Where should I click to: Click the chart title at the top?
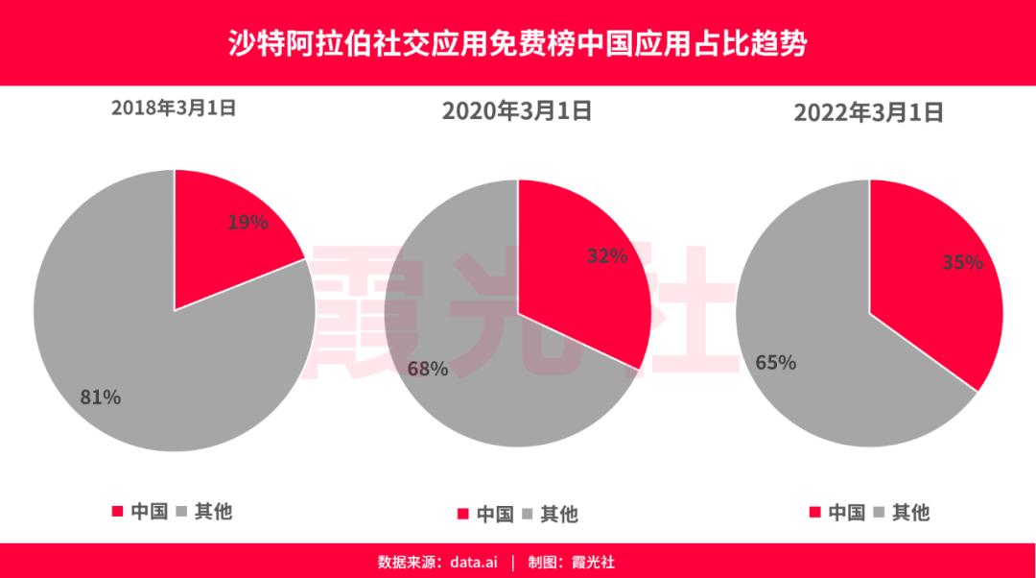[x=518, y=43]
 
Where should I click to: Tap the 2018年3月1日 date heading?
[x=174, y=108]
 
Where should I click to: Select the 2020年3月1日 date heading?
[x=517, y=111]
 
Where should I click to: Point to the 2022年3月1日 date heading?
[x=869, y=112]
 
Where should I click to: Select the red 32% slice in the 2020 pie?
[x=585, y=278]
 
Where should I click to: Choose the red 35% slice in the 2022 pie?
[x=935, y=288]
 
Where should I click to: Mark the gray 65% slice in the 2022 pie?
[x=815, y=384]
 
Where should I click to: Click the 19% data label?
[x=247, y=223]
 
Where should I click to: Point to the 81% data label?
[x=101, y=397]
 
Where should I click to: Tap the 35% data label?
[x=962, y=262]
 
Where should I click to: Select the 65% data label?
[x=775, y=363]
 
